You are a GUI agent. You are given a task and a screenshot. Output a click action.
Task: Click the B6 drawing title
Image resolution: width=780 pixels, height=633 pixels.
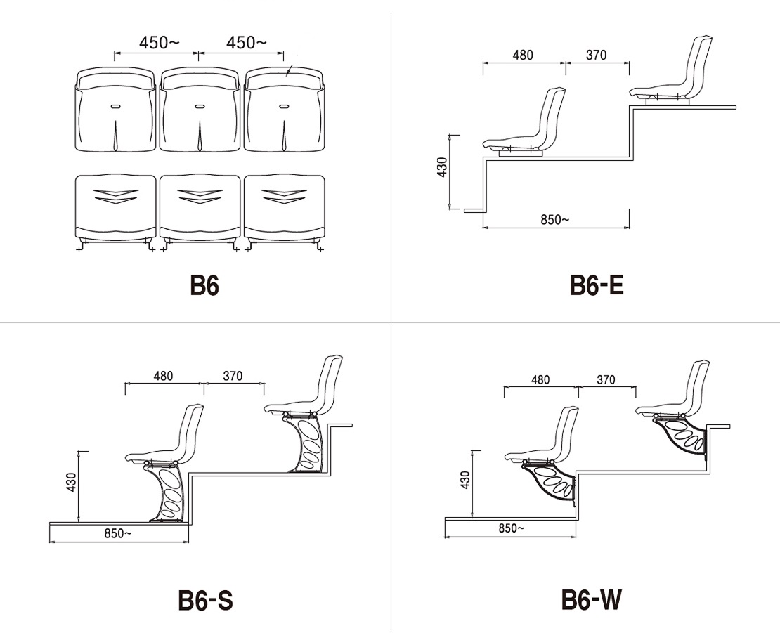(x=204, y=285)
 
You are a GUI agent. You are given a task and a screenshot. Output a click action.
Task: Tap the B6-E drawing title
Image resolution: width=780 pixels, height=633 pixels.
(x=597, y=285)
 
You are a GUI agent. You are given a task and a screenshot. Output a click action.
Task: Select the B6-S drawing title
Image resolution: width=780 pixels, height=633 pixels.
(x=205, y=600)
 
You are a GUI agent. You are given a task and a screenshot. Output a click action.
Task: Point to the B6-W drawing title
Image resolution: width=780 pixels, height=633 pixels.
(x=592, y=600)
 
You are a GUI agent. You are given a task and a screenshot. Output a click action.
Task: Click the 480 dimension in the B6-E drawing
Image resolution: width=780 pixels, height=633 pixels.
(x=523, y=55)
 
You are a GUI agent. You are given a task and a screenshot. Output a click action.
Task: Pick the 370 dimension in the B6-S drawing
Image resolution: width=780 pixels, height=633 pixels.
(x=233, y=376)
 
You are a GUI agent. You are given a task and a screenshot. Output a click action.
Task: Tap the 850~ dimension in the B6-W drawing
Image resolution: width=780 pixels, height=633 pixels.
(x=512, y=528)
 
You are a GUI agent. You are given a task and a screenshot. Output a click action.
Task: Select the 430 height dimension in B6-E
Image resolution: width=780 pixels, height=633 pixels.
(x=442, y=167)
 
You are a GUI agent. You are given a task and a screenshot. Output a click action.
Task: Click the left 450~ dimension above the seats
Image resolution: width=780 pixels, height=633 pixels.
(x=159, y=42)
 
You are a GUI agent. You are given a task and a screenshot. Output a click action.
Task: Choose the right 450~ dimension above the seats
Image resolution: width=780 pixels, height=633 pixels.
(x=246, y=42)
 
